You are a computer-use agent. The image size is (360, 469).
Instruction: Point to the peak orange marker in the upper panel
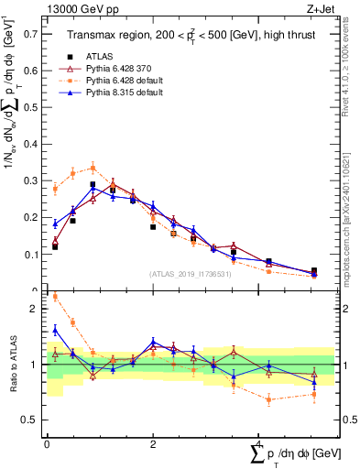tap(93, 168)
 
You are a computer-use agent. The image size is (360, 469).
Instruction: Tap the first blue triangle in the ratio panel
tap(55, 329)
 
